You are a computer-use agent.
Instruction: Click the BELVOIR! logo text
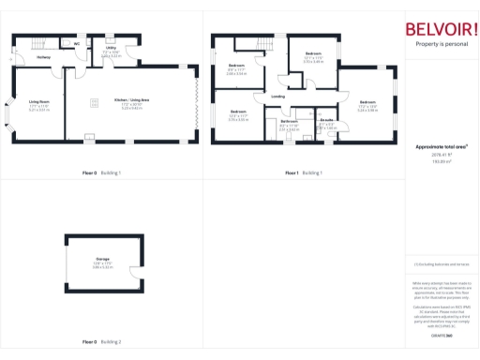(x=442, y=28)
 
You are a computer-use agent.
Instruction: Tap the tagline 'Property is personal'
(x=442, y=44)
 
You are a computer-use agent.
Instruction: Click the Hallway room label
(x=43, y=57)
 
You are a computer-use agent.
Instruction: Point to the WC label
(x=76, y=43)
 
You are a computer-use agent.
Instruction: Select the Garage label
(x=102, y=258)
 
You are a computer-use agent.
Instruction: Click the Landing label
(x=277, y=96)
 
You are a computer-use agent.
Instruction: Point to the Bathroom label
(x=290, y=121)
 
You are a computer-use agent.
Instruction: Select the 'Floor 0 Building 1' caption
(x=102, y=173)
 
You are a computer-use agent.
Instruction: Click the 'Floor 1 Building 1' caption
(x=304, y=173)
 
